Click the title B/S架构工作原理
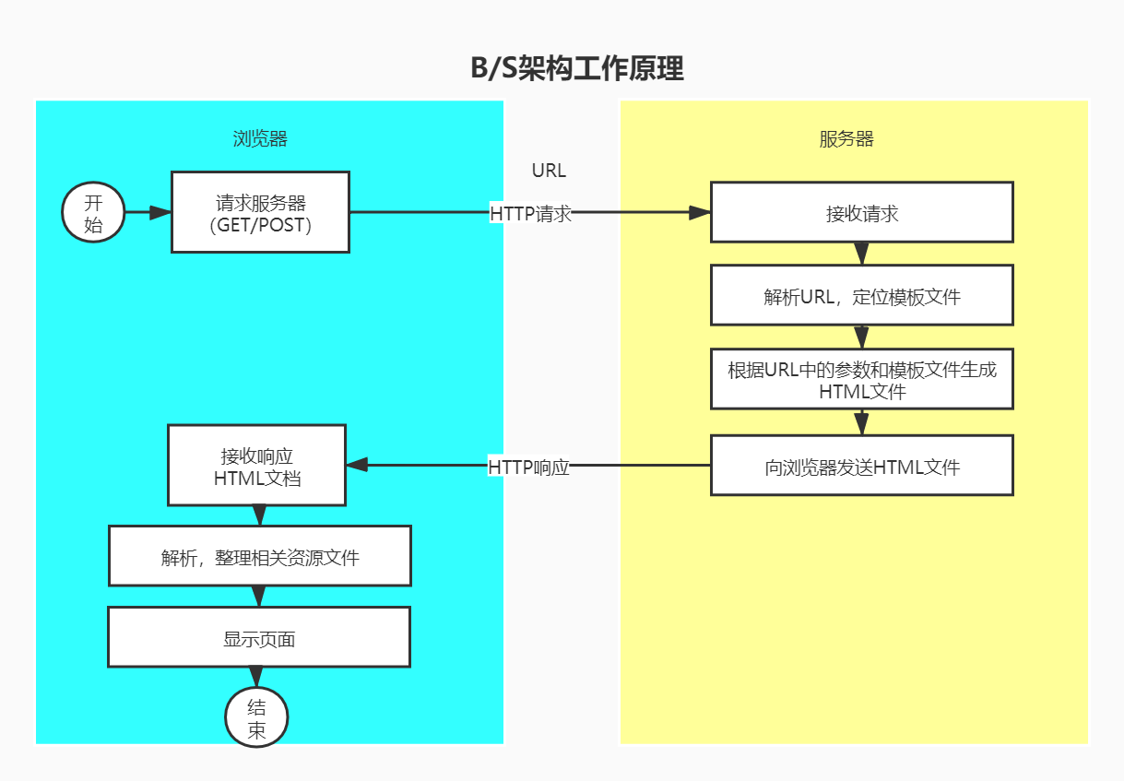click(x=577, y=69)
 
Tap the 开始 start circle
click(x=93, y=213)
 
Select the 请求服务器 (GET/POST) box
click(x=260, y=212)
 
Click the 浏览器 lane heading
click(x=260, y=139)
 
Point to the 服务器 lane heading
click(x=846, y=139)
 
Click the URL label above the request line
click(x=549, y=171)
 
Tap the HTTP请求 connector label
click(x=531, y=213)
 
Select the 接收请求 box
click(x=861, y=213)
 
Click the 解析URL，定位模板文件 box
click(x=861, y=296)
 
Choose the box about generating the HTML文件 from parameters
click(x=861, y=380)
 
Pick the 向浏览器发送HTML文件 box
click(x=861, y=467)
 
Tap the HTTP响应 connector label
click(x=528, y=467)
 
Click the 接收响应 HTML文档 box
click(x=256, y=467)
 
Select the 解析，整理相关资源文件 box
click(x=259, y=557)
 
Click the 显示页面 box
click(x=258, y=638)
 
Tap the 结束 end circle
click(x=257, y=718)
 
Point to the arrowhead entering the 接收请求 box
click(x=700, y=212)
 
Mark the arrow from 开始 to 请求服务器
click(x=148, y=213)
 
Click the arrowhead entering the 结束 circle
click(x=257, y=678)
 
